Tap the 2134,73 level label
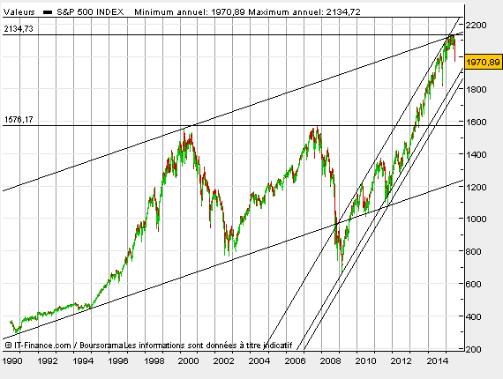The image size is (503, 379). pos(19,29)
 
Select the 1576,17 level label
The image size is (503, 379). pos(19,120)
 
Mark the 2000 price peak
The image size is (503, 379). pos(186,132)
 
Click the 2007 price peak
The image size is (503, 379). pos(315,130)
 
